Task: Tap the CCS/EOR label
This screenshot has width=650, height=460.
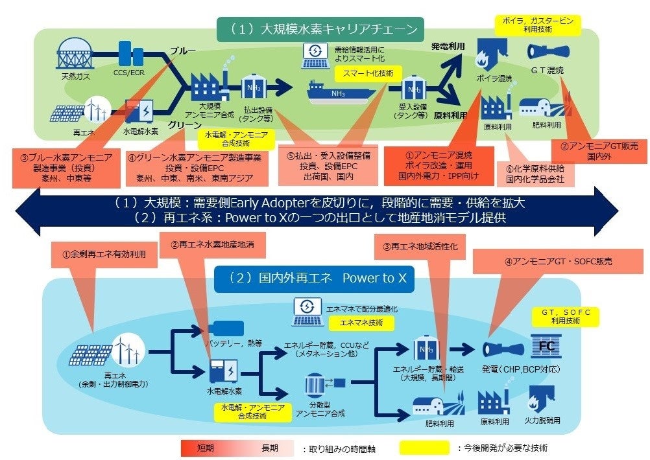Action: point(129,73)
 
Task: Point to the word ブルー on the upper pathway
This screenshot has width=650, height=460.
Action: point(183,51)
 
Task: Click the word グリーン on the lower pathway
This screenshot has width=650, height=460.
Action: point(187,124)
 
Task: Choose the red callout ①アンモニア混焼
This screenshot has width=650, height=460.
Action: point(437,165)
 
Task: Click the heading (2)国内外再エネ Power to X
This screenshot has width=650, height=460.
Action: point(318,278)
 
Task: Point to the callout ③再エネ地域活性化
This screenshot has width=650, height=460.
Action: point(418,247)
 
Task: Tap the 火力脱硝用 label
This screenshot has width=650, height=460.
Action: point(542,420)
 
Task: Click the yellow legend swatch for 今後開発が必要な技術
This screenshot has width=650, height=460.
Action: point(426,447)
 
